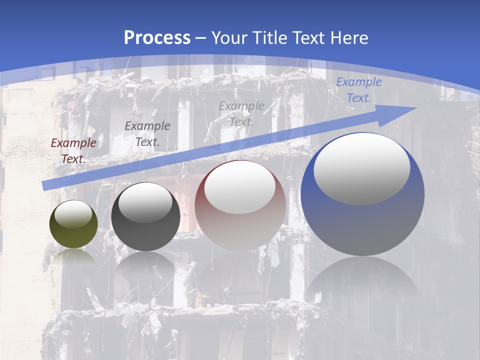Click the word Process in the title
click(x=157, y=38)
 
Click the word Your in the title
click(x=228, y=38)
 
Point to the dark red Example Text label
click(x=73, y=151)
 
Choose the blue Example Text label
click(x=358, y=90)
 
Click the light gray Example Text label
click(x=241, y=113)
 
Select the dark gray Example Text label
click(x=147, y=134)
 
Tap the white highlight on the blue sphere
click(x=362, y=168)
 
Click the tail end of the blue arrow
click(x=46, y=185)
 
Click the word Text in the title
click(x=309, y=38)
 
